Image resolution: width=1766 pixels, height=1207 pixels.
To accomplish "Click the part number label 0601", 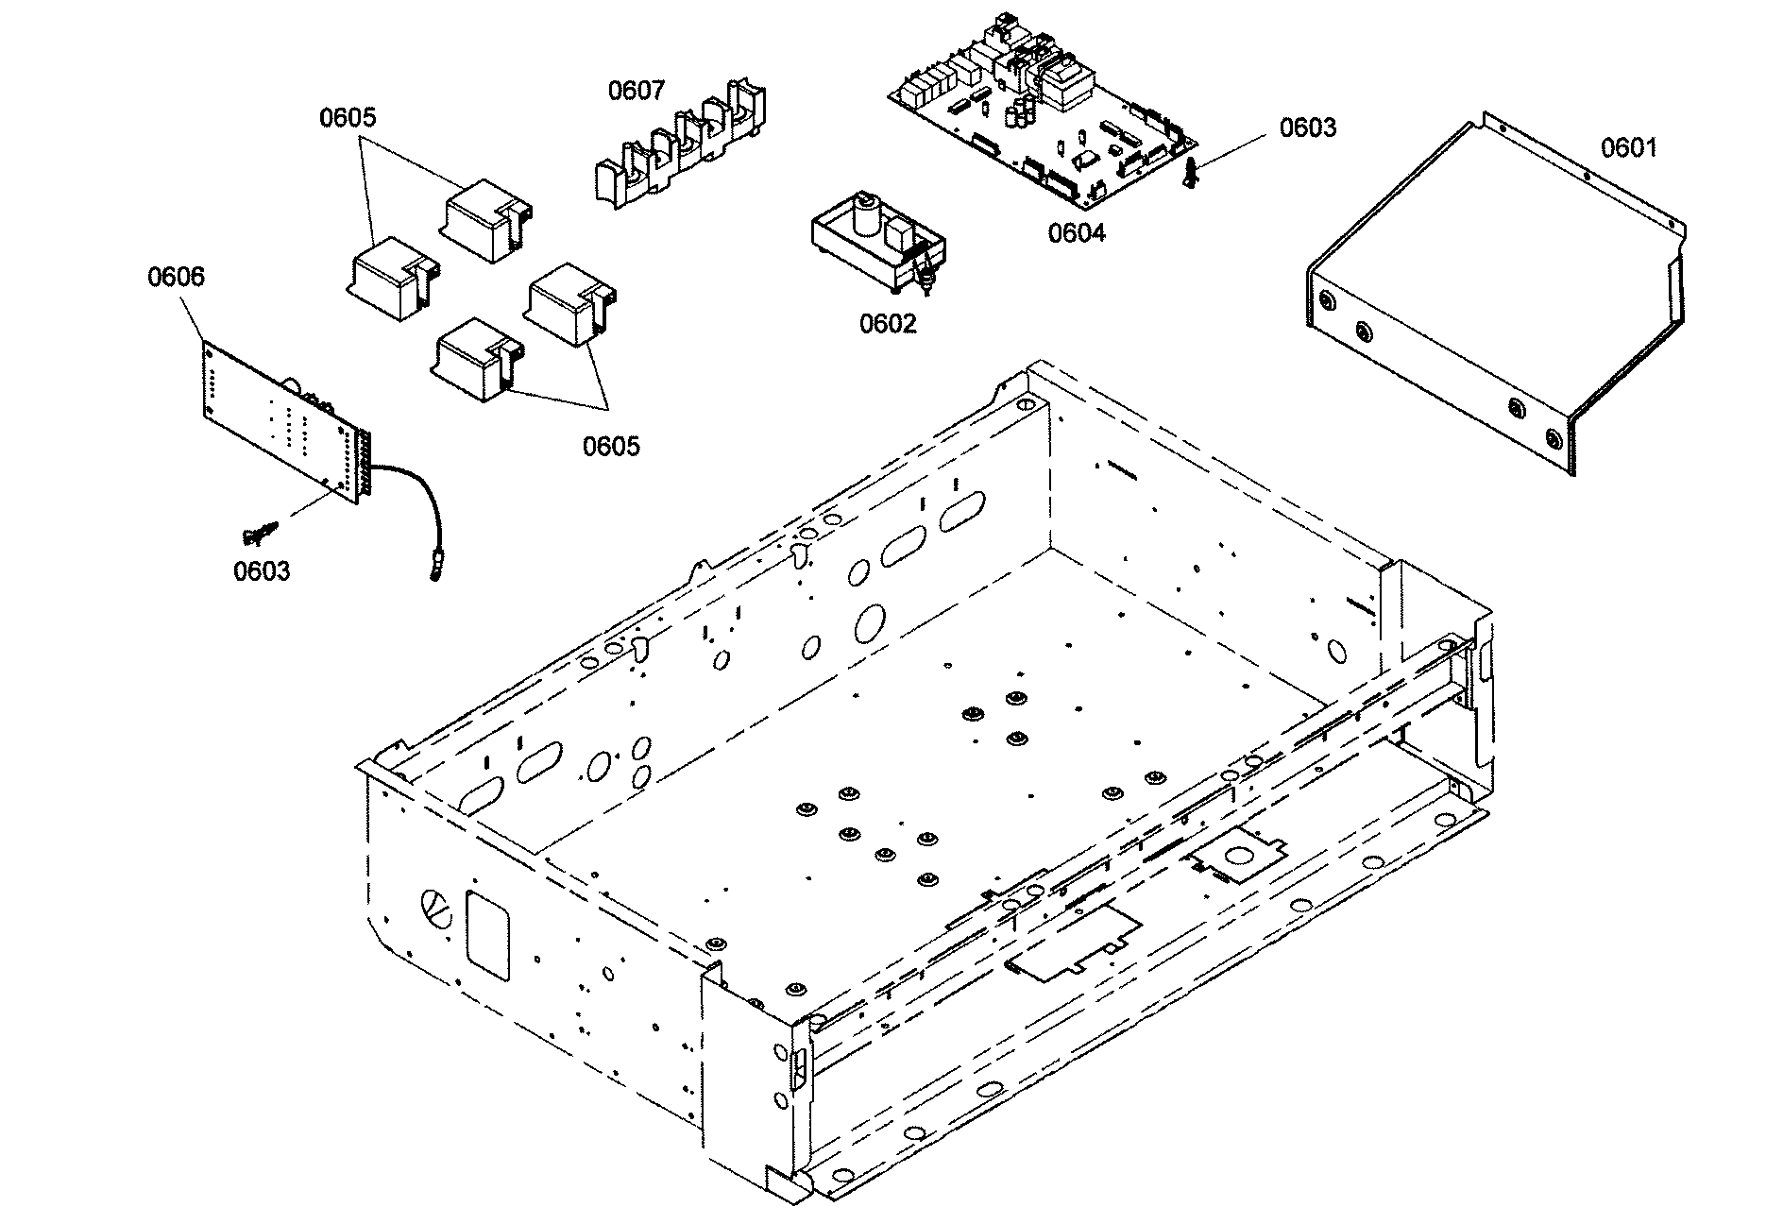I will pyautogui.click(x=1628, y=147).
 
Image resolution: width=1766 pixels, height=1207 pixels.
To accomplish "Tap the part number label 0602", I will pyautogui.click(x=887, y=324).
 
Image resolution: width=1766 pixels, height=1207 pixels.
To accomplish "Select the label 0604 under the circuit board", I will pyautogui.click(x=1077, y=232).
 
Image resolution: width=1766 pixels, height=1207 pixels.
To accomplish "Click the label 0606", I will pyautogui.click(x=176, y=277).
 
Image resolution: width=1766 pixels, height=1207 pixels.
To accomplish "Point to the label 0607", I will pyautogui.click(x=636, y=91).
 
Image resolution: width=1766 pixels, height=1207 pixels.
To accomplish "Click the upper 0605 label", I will pyautogui.click(x=348, y=118).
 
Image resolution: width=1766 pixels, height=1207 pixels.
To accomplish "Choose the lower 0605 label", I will pyautogui.click(x=611, y=446).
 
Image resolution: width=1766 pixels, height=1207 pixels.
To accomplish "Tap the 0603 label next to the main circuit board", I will pyautogui.click(x=1307, y=127).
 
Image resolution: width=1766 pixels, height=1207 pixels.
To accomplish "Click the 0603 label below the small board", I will pyautogui.click(x=262, y=571).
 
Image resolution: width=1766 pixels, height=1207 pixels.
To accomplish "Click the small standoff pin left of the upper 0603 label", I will pyautogui.click(x=1192, y=174).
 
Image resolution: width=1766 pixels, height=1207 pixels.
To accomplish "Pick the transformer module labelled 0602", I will pyautogui.click(x=878, y=243).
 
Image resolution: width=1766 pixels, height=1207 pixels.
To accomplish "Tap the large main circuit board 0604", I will pyautogui.click(x=1039, y=123).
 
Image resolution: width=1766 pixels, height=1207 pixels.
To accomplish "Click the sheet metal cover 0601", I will pyautogui.click(x=1492, y=302).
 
